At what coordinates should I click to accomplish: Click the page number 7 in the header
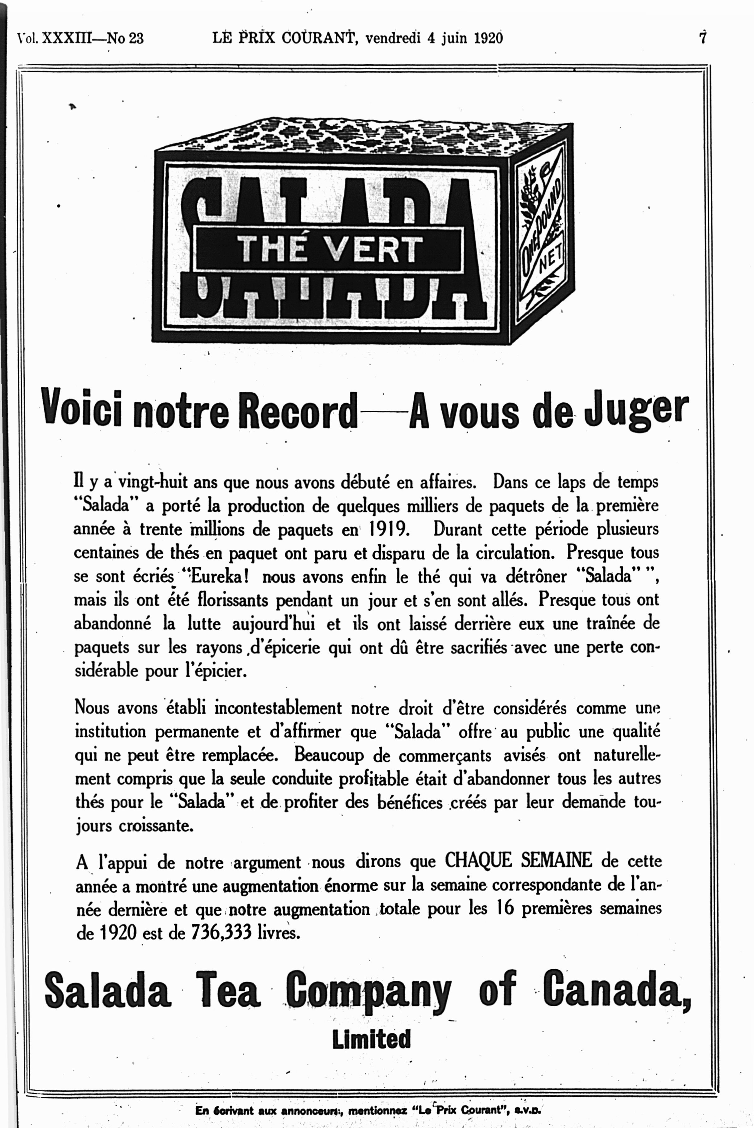point(703,37)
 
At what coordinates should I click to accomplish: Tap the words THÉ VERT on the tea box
point(329,249)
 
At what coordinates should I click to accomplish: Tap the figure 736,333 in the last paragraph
point(221,932)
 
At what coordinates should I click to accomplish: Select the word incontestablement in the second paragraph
point(278,708)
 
